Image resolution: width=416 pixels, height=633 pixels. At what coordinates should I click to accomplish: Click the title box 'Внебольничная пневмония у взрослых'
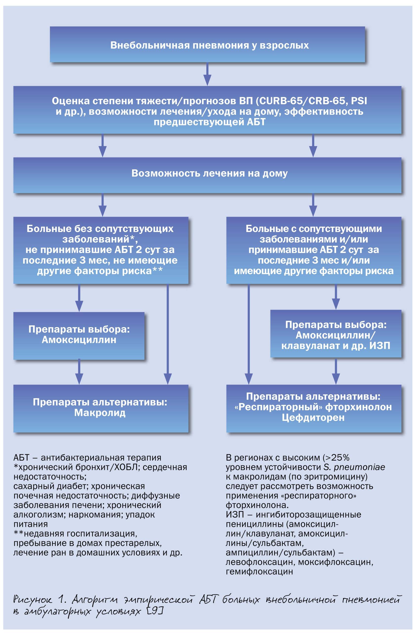click(x=207, y=45)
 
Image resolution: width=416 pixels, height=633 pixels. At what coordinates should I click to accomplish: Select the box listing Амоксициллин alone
click(x=79, y=335)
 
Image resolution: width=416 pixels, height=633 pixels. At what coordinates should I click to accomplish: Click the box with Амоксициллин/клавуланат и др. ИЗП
click(x=336, y=335)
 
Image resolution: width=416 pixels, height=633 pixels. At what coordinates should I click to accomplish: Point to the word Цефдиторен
click(x=313, y=418)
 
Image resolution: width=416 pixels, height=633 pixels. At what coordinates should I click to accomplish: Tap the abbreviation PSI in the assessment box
click(x=359, y=101)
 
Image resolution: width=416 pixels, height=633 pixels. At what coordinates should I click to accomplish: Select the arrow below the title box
click(x=207, y=74)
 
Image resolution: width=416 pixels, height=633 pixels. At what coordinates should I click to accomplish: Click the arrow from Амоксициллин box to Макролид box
click(x=79, y=372)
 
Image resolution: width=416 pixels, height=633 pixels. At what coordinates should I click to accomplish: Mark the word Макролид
click(x=100, y=413)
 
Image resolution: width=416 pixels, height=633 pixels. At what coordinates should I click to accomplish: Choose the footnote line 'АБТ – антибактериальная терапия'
click(x=87, y=458)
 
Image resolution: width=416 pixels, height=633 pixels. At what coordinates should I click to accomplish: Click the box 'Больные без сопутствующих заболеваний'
click(x=101, y=250)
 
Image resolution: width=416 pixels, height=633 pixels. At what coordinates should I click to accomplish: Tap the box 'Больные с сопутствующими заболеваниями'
click(x=313, y=250)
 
